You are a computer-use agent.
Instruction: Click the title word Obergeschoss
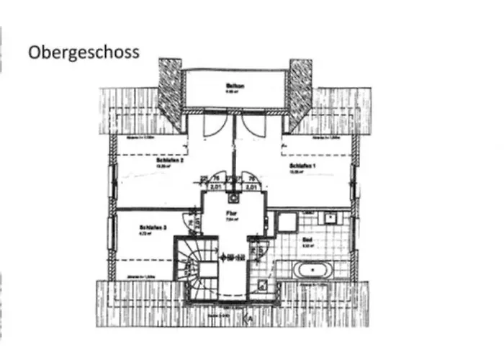tap(84, 53)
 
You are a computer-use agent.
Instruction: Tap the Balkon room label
tap(234, 87)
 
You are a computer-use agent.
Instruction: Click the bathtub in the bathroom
tap(313, 270)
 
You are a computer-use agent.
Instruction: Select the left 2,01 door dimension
tap(214, 186)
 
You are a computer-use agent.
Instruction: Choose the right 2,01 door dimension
tap(251, 186)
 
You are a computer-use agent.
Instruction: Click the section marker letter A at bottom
tap(249, 318)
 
